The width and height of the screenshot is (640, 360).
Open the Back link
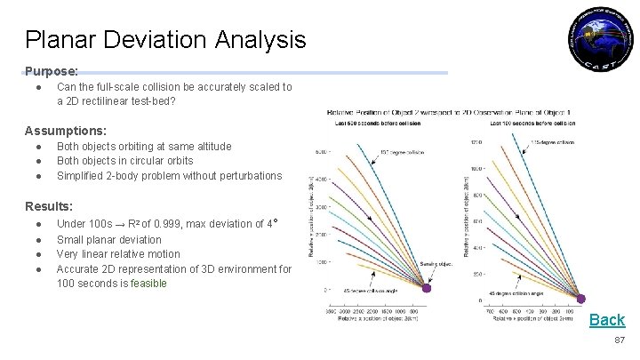coord(607,320)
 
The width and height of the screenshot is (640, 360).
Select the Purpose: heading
coord(52,70)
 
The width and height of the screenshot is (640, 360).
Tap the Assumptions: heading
coord(66,130)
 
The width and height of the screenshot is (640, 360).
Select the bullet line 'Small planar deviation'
coord(109,239)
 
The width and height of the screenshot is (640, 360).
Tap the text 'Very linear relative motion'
coord(118,254)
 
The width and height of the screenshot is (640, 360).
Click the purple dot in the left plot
coord(426,288)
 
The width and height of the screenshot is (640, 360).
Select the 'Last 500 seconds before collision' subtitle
coord(370,124)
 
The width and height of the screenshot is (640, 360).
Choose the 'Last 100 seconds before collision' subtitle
coord(528,124)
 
